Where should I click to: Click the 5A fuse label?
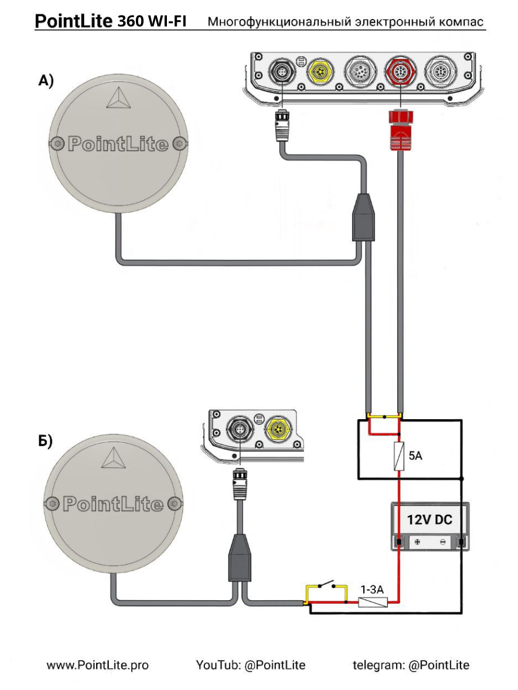point(416,455)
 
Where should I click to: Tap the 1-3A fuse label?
point(372,589)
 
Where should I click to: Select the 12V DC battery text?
point(429,520)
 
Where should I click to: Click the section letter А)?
point(46,80)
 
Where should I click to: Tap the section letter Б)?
point(45,442)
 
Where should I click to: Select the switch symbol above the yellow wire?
point(326,584)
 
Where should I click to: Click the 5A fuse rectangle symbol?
point(399,456)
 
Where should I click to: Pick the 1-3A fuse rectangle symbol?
point(373,602)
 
